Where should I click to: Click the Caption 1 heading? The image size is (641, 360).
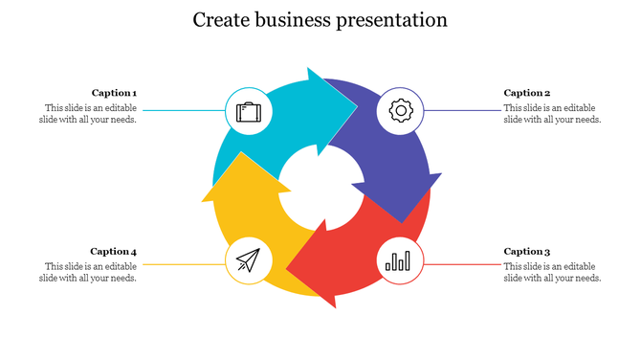pos(114,93)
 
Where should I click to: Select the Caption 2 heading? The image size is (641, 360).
pos(527,93)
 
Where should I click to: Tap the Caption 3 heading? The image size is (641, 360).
pos(527,252)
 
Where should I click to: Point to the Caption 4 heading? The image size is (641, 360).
pos(114,252)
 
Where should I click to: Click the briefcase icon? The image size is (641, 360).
pos(248,112)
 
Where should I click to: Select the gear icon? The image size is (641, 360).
pos(400,111)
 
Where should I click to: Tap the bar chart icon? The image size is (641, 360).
pos(400,259)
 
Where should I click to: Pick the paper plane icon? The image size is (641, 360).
pos(248,259)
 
